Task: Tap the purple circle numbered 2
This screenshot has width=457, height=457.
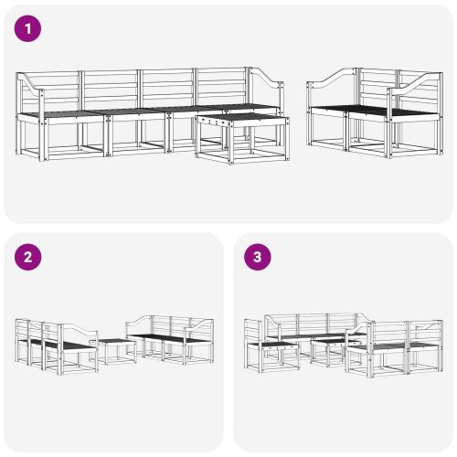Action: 30,257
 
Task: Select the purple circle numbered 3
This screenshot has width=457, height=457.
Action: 259,257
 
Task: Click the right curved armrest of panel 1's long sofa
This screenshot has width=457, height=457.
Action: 265,84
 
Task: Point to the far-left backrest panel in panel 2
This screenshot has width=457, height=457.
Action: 23,329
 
